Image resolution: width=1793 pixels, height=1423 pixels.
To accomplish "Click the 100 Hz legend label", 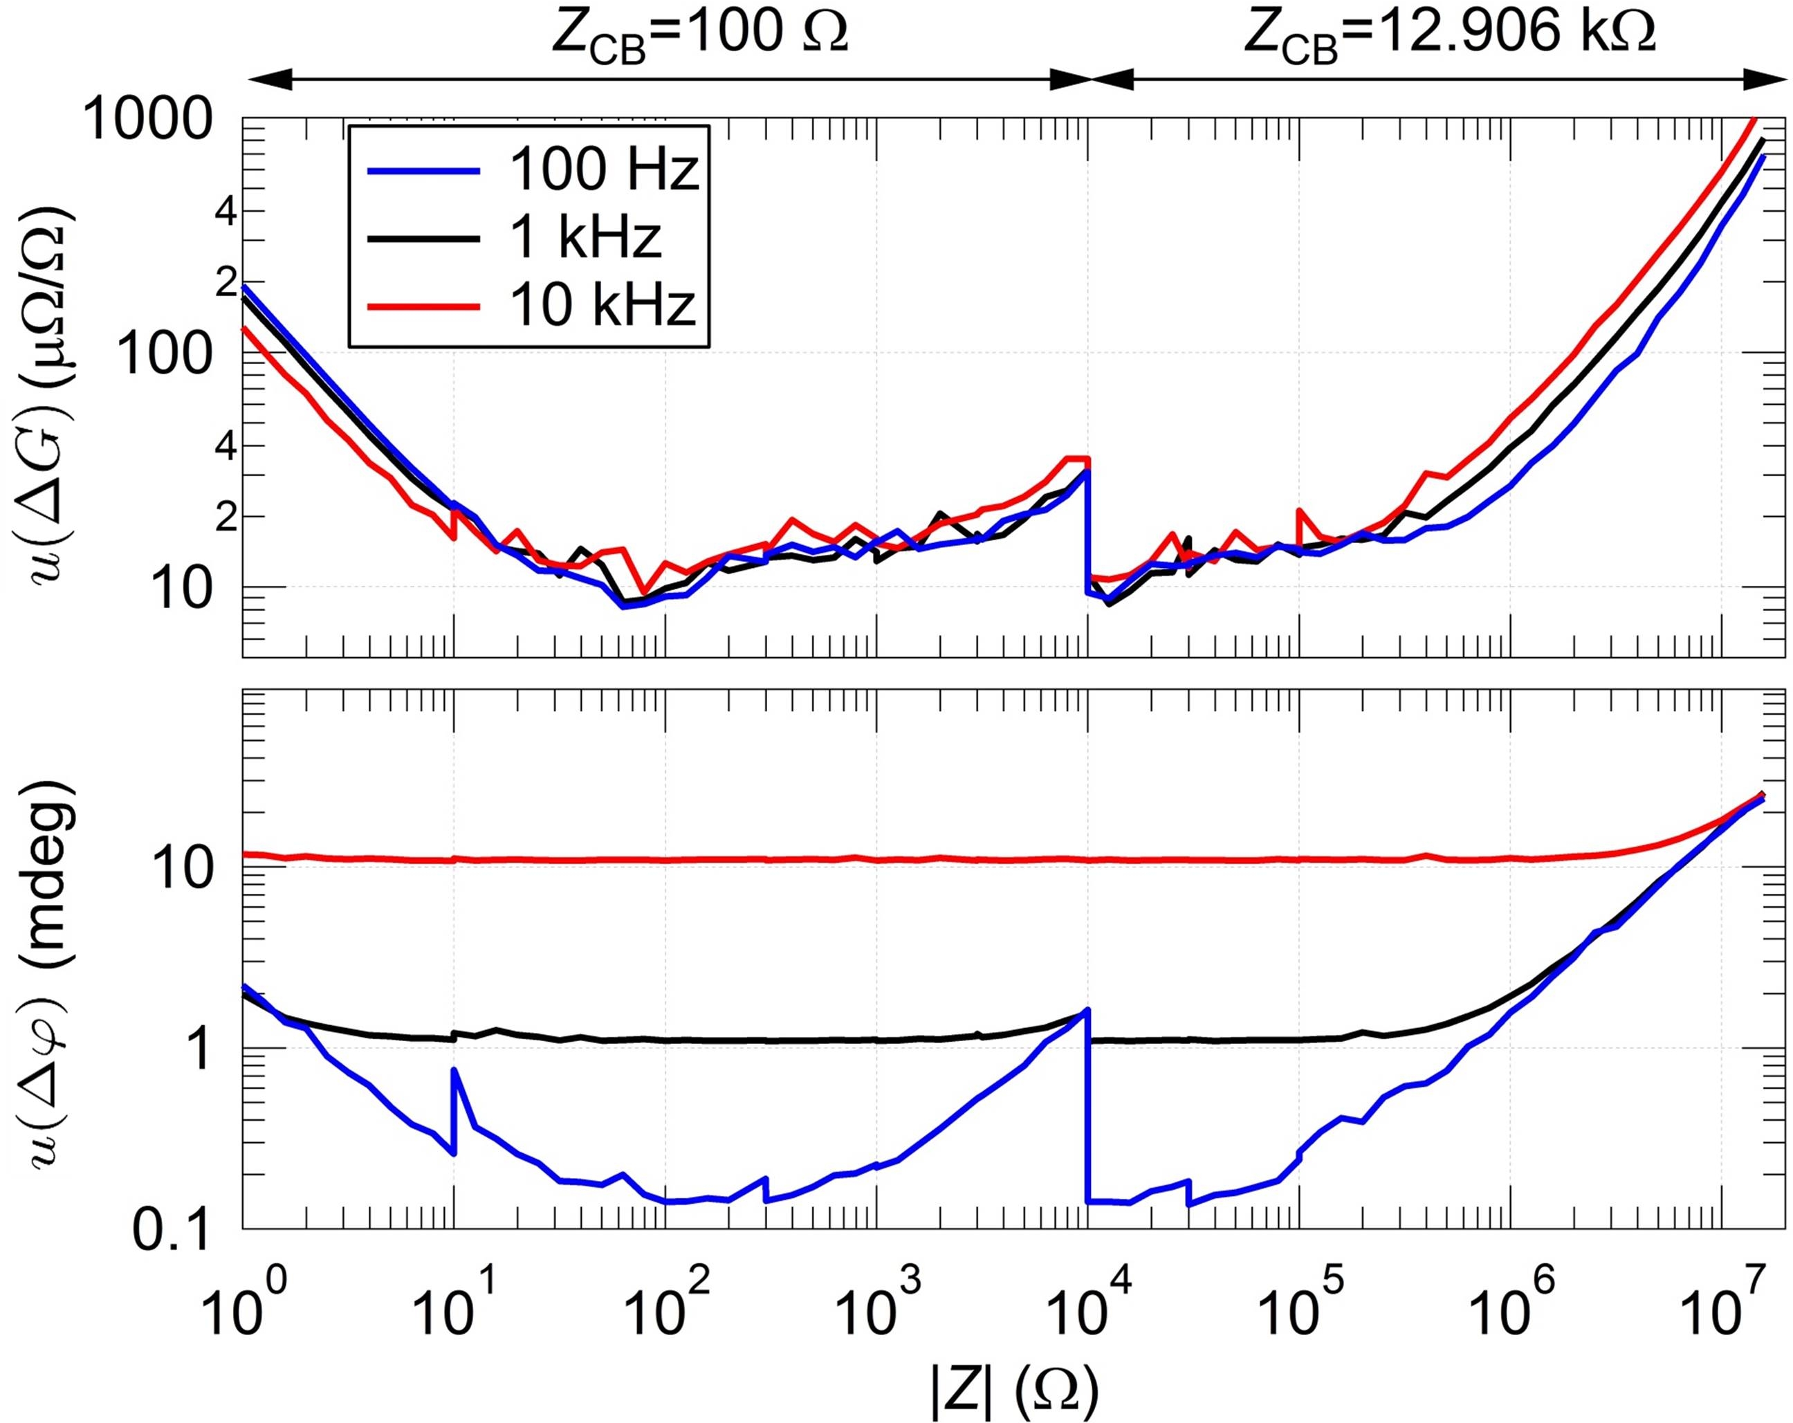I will click(604, 170).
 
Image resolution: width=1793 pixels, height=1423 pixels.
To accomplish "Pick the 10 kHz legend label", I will click(602, 306).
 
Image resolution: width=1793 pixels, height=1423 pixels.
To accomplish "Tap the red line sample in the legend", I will click(423, 307).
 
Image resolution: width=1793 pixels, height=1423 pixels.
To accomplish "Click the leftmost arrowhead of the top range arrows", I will click(270, 80).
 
